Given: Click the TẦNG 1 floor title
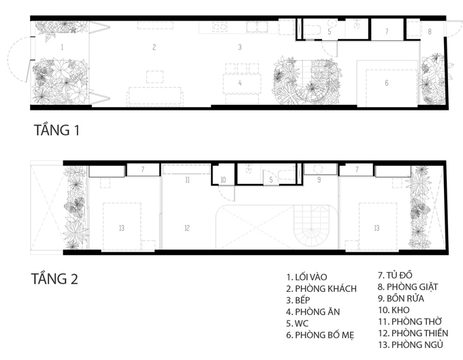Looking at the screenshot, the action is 57,130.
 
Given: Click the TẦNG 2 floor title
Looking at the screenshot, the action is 54,279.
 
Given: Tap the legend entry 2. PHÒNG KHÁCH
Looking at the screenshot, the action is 321,289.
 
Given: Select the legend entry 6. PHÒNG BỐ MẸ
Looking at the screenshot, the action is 320,335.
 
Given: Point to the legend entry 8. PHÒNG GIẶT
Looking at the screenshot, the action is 408,287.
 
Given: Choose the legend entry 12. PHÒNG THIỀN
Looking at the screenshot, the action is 413,333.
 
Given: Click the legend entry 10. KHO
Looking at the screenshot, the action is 394,310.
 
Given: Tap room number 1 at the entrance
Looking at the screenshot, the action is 62,47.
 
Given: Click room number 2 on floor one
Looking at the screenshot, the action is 154,47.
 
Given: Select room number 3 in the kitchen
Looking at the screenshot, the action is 240,47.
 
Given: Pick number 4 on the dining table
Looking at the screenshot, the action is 240,83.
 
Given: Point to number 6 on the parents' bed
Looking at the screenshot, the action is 387,83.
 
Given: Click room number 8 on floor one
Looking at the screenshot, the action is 430,31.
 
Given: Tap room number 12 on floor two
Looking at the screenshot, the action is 187,228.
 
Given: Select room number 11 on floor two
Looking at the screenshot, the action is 187,180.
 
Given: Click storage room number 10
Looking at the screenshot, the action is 223,180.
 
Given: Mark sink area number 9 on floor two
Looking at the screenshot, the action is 319,180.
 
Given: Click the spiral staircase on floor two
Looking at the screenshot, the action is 312,227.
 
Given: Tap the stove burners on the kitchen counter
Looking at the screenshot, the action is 220,27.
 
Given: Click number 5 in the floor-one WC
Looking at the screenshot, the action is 330,31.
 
